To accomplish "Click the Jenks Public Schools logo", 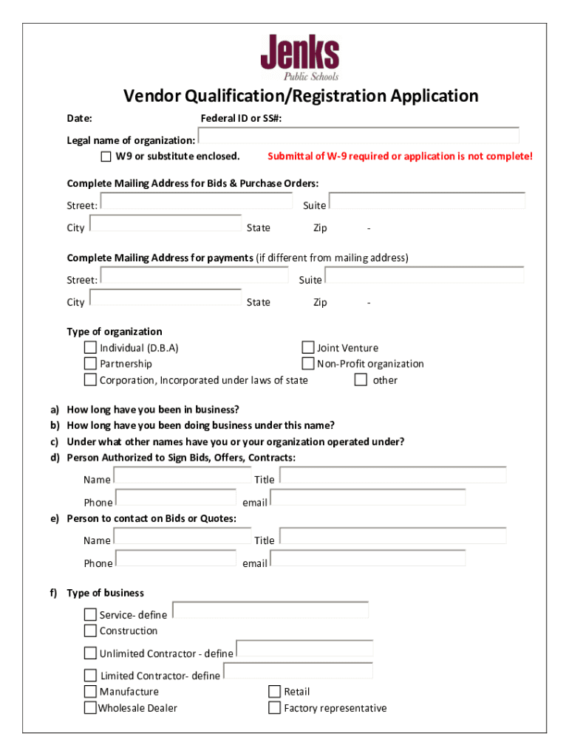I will tap(299, 58).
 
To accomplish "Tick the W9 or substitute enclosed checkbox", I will tap(106, 157).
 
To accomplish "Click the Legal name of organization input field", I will tap(358, 137).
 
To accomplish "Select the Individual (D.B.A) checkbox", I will tap(90, 348).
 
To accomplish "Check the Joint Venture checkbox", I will tap(308, 348).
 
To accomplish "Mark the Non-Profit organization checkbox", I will tap(308, 363).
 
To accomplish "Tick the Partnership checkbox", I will tap(90, 363).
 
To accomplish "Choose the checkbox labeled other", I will tap(361, 380).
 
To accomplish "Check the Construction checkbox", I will tap(90, 630).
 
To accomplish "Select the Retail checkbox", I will tap(274, 692).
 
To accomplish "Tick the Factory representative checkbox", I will tap(274, 708).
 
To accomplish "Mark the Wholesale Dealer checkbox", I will tap(90, 708).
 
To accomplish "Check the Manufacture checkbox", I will tap(90, 692).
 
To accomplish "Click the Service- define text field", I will tap(270, 611).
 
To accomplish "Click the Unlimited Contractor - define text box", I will tap(304, 649).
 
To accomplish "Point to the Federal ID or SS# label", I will tap(241, 119).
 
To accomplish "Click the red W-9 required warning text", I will tap(400, 157).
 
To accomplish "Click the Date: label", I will tap(79, 119).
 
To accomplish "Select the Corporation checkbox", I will tap(90, 380).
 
